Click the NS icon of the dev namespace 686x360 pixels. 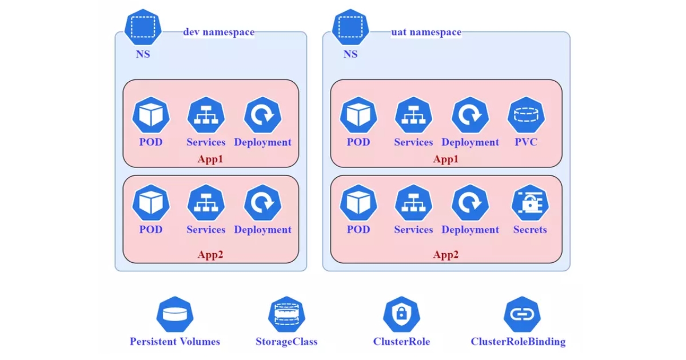click(143, 27)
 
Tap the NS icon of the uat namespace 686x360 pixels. click(350, 27)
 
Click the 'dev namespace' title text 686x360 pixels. click(218, 32)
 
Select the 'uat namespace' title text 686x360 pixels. click(426, 32)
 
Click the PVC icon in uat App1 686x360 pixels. click(526, 115)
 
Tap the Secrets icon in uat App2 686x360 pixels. click(530, 203)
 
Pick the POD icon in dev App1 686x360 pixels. click(151, 115)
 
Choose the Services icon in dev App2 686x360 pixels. click(206, 203)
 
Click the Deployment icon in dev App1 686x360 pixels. click(262, 115)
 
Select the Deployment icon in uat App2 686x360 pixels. click(470, 203)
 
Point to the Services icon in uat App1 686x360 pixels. click(413, 115)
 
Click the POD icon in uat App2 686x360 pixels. click(358, 203)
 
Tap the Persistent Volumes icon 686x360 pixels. click(175, 314)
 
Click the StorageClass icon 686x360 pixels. click(286, 314)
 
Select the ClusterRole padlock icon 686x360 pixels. click(401, 314)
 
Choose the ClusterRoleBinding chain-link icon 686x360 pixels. click(518, 314)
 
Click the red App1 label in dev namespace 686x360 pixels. click(210, 159)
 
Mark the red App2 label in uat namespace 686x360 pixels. click(446, 255)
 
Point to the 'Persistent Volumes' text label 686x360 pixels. click(175, 342)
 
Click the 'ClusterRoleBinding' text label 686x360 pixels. click(518, 342)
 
